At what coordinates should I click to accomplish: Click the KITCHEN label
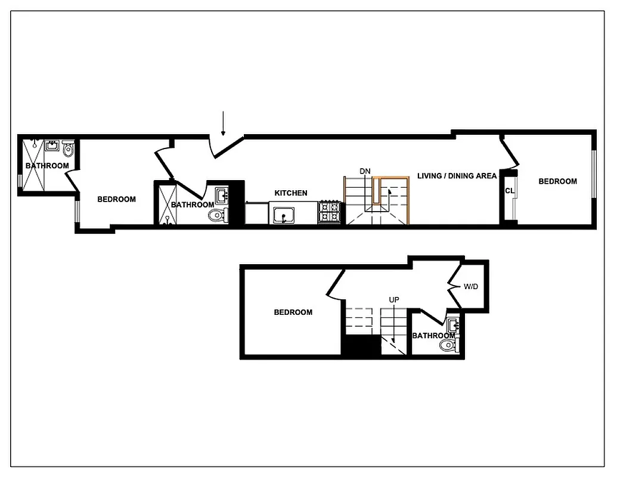tap(291, 193)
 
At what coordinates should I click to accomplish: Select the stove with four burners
tap(331, 213)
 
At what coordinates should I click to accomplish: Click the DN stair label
tap(365, 172)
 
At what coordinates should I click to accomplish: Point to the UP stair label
tap(393, 299)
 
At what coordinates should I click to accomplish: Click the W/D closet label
tap(470, 287)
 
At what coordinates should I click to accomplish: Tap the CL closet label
tap(509, 191)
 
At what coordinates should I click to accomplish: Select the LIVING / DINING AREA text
tap(457, 176)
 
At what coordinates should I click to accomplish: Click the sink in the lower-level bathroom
tap(452, 326)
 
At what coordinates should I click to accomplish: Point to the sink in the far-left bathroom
tap(52, 145)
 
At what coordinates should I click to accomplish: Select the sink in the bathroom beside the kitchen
tap(222, 194)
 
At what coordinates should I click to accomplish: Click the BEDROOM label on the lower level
tap(293, 312)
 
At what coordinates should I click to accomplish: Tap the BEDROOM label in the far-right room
tap(557, 181)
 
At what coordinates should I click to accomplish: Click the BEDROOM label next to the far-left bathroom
tap(116, 199)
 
